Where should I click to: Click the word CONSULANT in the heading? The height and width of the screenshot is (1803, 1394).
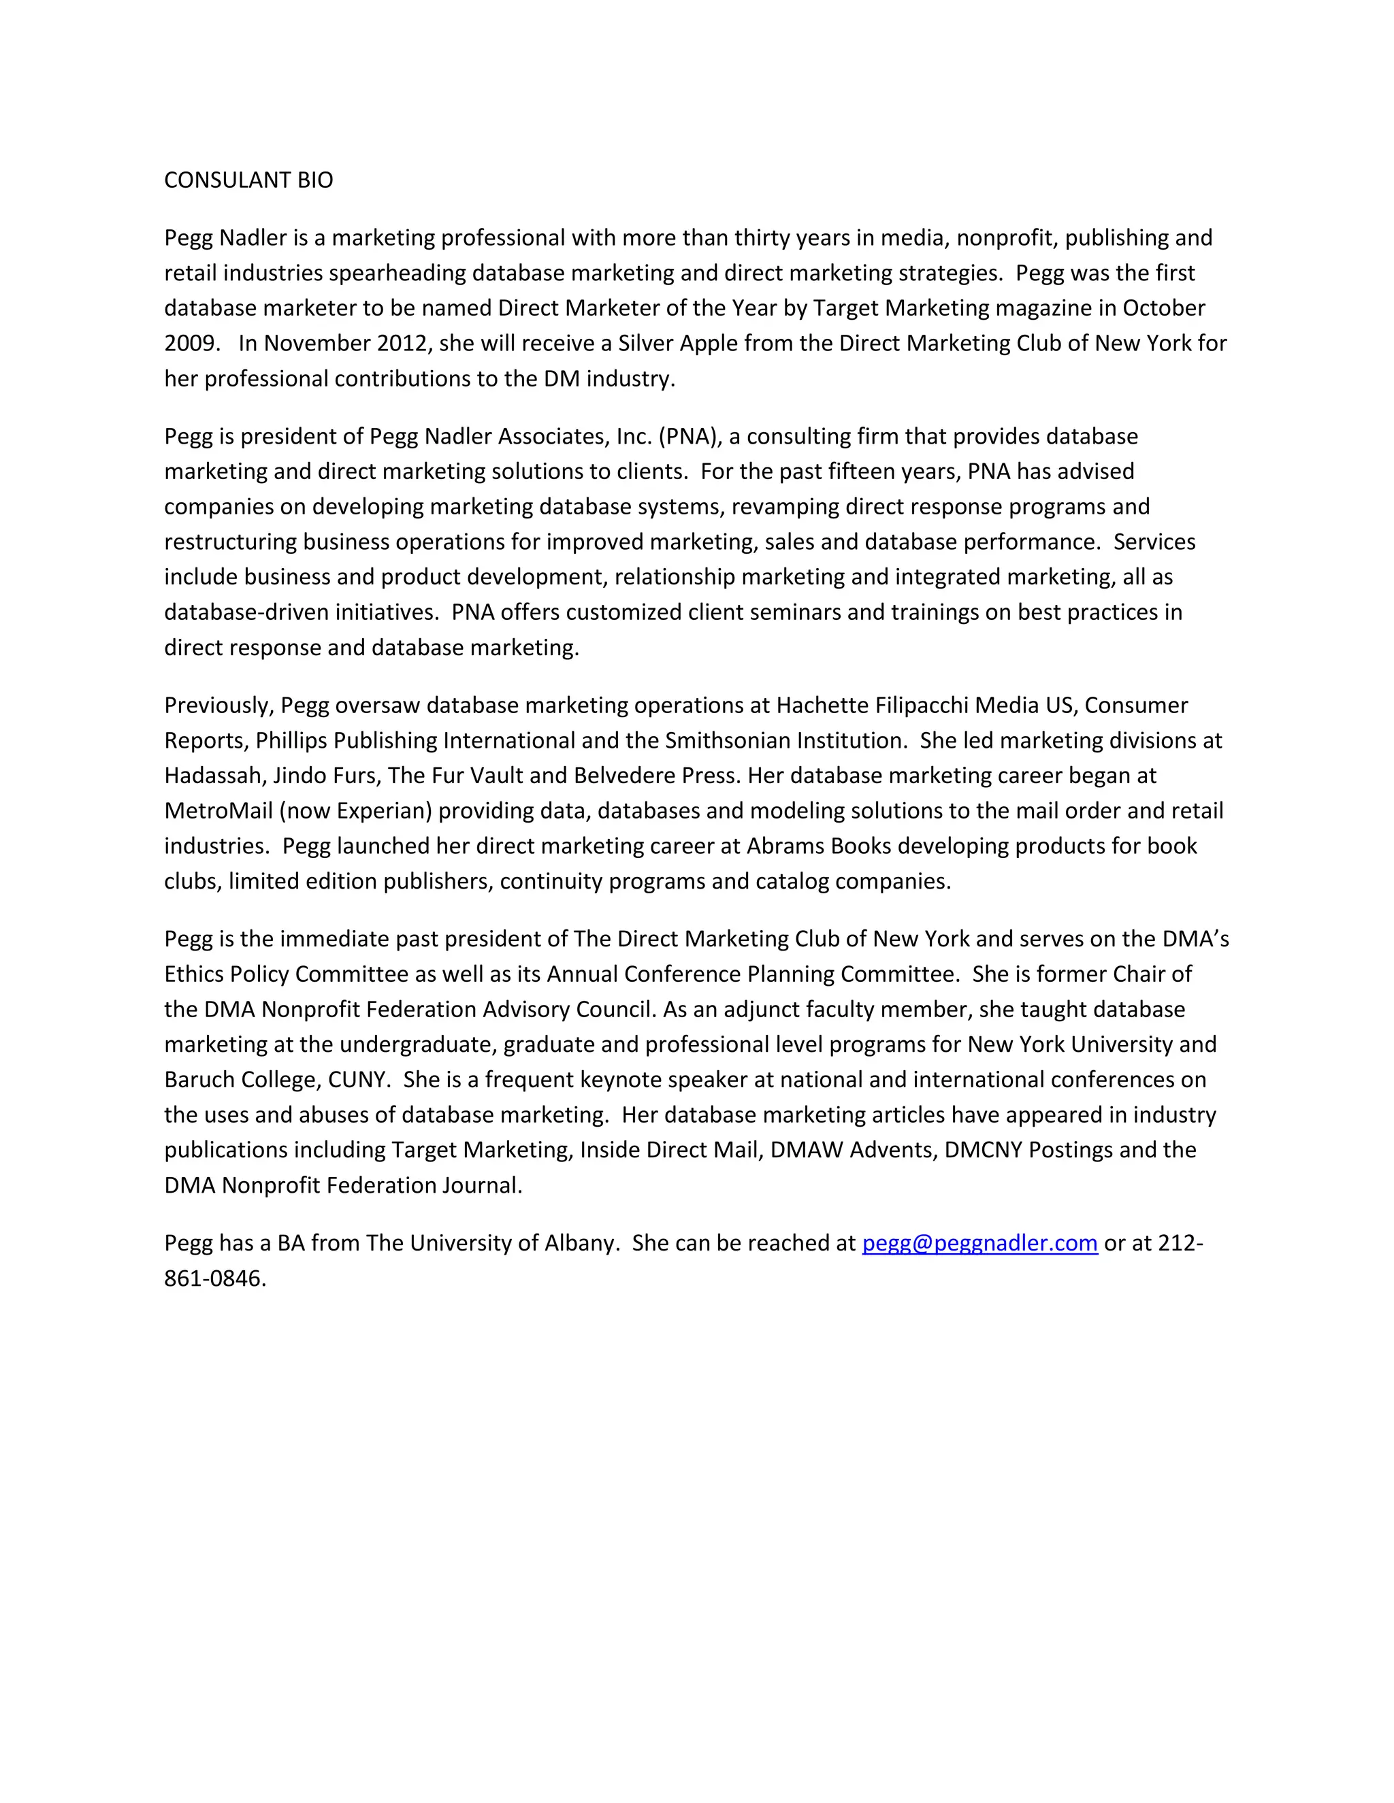click(x=216, y=180)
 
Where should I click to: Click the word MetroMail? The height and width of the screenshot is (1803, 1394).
click(x=218, y=811)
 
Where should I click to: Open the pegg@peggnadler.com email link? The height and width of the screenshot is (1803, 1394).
click(x=979, y=1243)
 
